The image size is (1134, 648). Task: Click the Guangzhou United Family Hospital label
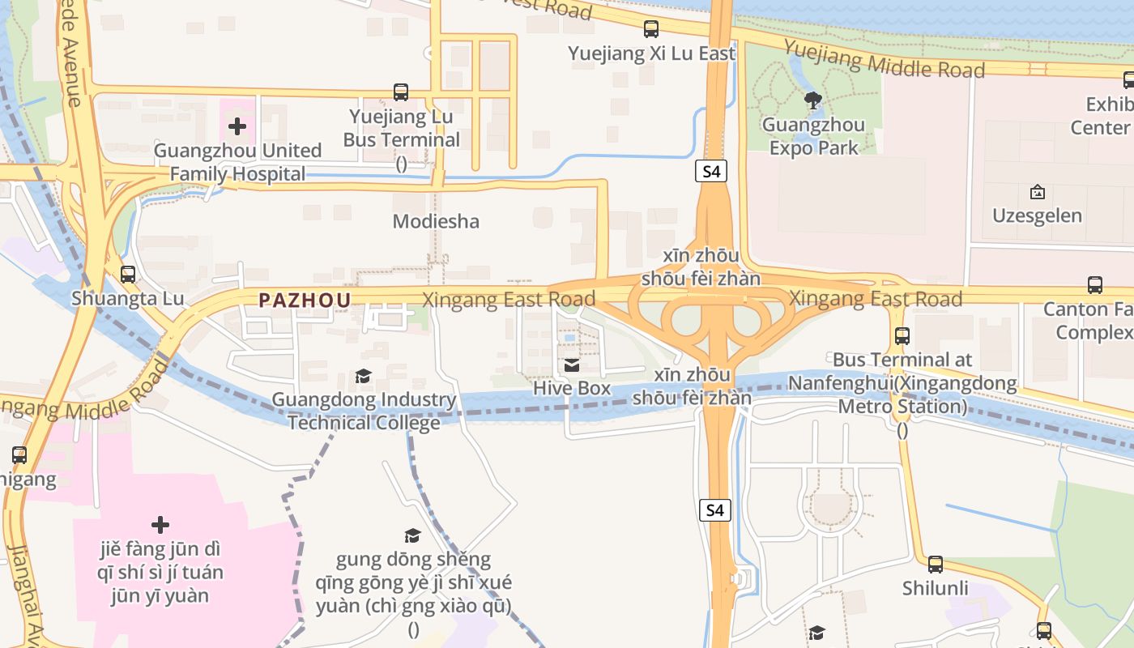[237, 162]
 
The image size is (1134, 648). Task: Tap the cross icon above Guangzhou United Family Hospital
[237, 126]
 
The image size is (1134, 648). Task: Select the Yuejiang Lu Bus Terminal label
[401, 128]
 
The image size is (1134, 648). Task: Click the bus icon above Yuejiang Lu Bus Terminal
[401, 92]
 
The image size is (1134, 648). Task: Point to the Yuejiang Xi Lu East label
[651, 53]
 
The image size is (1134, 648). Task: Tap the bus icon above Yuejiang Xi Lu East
[651, 29]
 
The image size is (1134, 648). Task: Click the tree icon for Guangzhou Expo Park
[813, 100]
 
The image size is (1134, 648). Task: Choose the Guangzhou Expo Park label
[813, 136]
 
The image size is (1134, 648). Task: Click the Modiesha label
[436, 221]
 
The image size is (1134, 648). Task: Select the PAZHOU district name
[305, 301]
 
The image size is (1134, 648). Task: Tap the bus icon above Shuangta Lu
[128, 275]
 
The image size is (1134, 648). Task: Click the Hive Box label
[572, 389]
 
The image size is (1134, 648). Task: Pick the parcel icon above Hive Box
[572, 365]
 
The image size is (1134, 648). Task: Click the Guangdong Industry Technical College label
[364, 411]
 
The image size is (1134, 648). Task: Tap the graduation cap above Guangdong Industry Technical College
[364, 376]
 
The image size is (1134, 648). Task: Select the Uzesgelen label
[1037, 215]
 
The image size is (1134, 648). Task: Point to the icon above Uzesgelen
[1037, 192]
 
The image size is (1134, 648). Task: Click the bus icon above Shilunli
[936, 565]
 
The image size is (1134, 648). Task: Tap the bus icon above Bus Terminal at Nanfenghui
[902, 335]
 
